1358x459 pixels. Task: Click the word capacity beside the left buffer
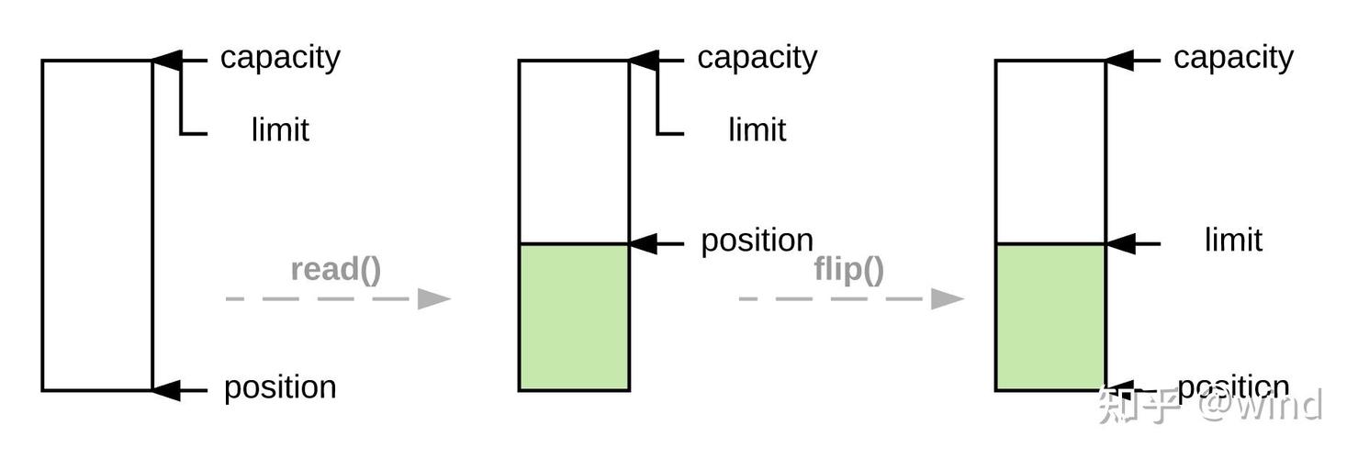(280, 58)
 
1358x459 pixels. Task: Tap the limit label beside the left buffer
(280, 130)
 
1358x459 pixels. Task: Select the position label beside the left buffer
(280, 387)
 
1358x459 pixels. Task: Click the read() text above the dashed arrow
(336, 270)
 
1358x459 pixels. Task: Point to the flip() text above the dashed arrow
(848, 270)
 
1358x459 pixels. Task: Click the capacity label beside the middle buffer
(757, 58)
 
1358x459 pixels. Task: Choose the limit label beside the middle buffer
(757, 130)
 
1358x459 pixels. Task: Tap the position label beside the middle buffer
(757, 241)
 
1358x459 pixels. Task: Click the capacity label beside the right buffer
(1233, 58)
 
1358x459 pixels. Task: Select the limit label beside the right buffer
(1233, 241)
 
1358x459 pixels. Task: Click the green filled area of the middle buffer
(574, 317)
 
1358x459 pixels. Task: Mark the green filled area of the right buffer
(1050, 317)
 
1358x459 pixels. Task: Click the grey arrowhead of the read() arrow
(434, 298)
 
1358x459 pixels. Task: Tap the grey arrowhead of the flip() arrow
(948, 298)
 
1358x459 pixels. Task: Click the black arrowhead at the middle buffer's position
(644, 244)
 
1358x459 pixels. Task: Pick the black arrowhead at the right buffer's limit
(1120, 244)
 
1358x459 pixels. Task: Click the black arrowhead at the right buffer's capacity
(1120, 61)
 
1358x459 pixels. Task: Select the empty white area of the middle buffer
(574, 151)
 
